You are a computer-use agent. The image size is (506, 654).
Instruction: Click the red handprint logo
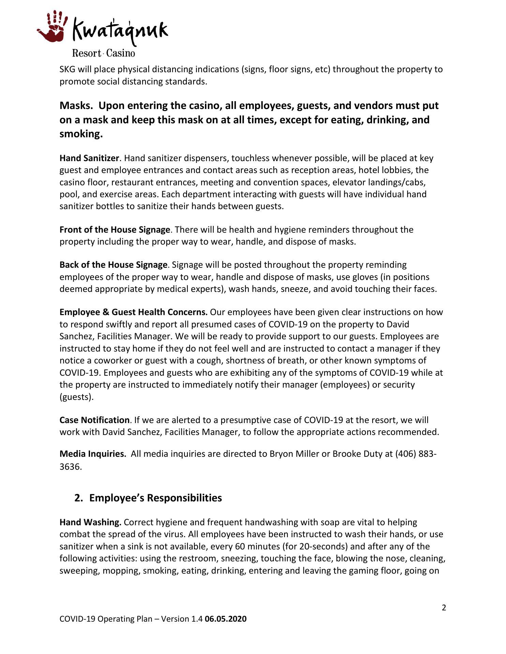click(51, 27)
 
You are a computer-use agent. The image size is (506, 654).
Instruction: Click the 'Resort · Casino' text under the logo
click(103, 53)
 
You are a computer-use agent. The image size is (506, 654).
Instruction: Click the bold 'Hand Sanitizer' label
click(89, 158)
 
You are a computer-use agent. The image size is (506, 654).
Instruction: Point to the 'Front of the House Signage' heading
click(115, 230)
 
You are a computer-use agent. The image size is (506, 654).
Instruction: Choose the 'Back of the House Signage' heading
click(113, 265)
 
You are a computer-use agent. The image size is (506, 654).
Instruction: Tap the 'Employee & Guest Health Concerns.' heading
click(133, 312)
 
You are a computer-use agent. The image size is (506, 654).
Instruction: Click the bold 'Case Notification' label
click(94, 420)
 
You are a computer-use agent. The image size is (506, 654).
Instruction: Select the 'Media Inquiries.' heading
click(93, 454)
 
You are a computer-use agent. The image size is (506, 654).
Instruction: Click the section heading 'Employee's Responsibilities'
click(155, 498)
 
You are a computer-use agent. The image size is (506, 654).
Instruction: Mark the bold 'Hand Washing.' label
click(90, 523)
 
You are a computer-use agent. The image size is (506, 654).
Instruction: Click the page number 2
click(444, 608)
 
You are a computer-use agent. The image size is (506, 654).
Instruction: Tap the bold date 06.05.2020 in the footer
click(225, 619)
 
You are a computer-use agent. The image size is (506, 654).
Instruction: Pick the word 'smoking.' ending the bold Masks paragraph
click(81, 134)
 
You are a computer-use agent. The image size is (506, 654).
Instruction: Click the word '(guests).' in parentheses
click(76, 397)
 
